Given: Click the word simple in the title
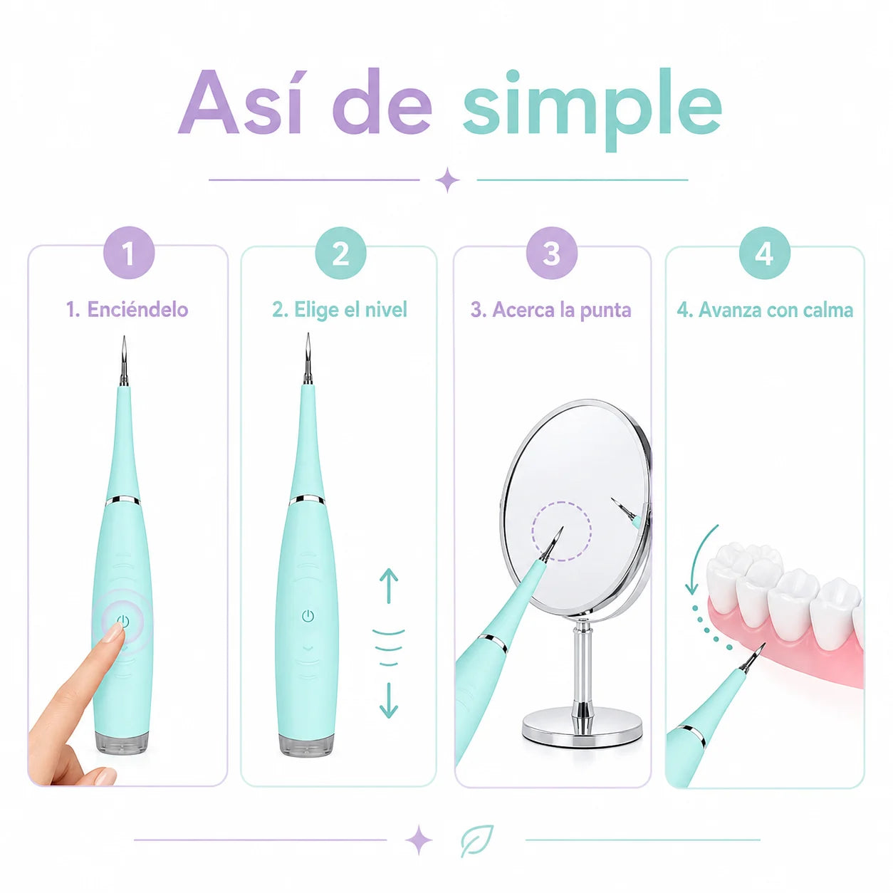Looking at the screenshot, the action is click(x=592, y=109).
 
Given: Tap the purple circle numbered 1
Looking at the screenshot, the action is click(x=129, y=253).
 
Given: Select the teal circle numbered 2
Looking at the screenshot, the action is click(x=340, y=253).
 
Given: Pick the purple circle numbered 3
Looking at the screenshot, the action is click(x=551, y=253).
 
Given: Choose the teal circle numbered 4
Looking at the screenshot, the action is click(x=764, y=253).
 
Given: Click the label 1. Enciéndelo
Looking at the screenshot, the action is click(x=127, y=310).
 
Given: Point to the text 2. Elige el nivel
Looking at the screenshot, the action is click(x=340, y=310).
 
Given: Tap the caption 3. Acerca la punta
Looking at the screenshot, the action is click(x=551, y=310).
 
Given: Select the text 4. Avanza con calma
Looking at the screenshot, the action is click(x=765, y=310).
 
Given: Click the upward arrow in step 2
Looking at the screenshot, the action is click(x=388, y=586).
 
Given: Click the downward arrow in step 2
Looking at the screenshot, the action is click(x=388, y=701).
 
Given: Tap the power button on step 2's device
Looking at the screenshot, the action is click(x=308, y=615).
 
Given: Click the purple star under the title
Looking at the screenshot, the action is click(x=447, y=179).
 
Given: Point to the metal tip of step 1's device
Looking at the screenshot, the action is click(x=124, y=361).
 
